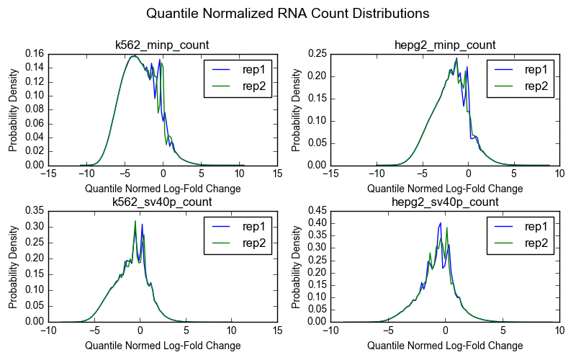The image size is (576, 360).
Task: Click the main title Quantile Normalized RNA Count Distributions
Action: (287, 14)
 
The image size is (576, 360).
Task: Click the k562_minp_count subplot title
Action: (163, 45)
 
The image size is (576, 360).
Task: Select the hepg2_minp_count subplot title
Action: (445, 45)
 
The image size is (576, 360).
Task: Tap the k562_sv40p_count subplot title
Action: (163, 202)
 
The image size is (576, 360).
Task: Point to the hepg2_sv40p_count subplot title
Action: (445, 202)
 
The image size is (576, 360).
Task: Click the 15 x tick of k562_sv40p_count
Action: (278, 331)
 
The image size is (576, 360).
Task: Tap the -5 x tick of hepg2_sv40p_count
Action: (387, 331)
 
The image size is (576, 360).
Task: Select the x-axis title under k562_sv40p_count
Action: (163, 346)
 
